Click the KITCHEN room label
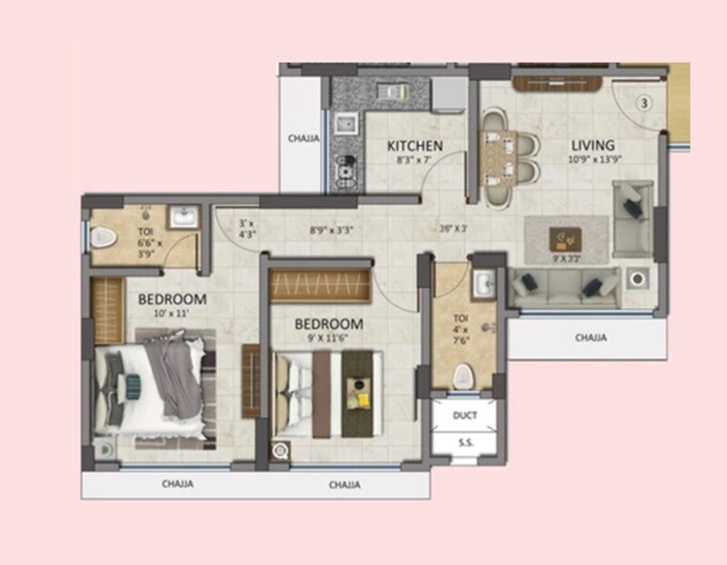point(414,145)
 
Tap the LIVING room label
point(593,144)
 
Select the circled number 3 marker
point(643,103)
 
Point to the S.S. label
point(464,442)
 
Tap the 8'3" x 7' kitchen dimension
point(414,160)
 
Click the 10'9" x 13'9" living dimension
point(593,160)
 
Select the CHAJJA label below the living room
point(591,337)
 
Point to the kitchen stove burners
point(344,167)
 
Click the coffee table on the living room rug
point(567,239)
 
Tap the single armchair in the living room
point(632,218)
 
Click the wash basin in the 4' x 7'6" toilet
point(482,282)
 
